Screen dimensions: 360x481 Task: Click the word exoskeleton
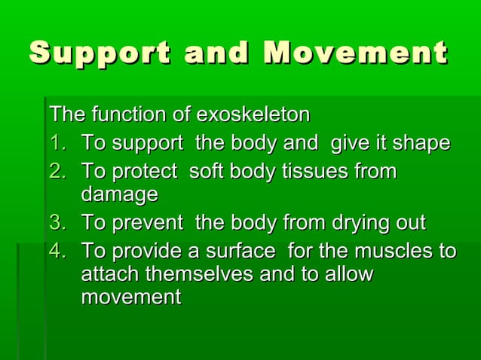coord(253,115)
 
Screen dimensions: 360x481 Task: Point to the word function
coord(125,115)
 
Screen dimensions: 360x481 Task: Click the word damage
coord(119,195)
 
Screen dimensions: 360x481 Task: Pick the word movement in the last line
coord(130,297)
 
